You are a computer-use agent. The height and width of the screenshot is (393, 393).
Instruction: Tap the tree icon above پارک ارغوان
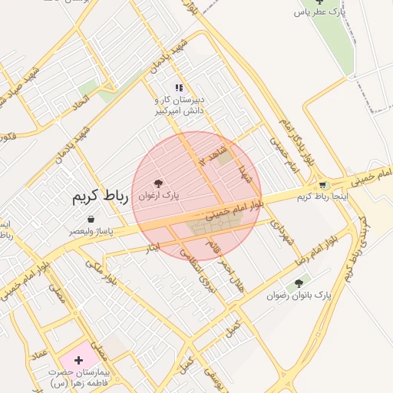(158, 183)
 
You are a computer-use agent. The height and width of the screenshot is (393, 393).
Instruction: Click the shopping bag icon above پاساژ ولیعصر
(91, 219)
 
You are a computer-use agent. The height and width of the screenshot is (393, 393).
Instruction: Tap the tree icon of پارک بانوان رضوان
(299, 283)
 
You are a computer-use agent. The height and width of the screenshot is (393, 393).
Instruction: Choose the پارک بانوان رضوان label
(299, 296)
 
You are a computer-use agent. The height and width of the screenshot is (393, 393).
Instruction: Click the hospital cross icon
(78, 359)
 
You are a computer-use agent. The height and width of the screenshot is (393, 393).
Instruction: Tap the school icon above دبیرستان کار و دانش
(179, 88)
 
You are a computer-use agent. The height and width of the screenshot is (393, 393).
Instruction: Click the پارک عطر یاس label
(318, 12)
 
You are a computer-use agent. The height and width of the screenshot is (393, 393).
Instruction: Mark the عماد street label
(40, 352)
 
